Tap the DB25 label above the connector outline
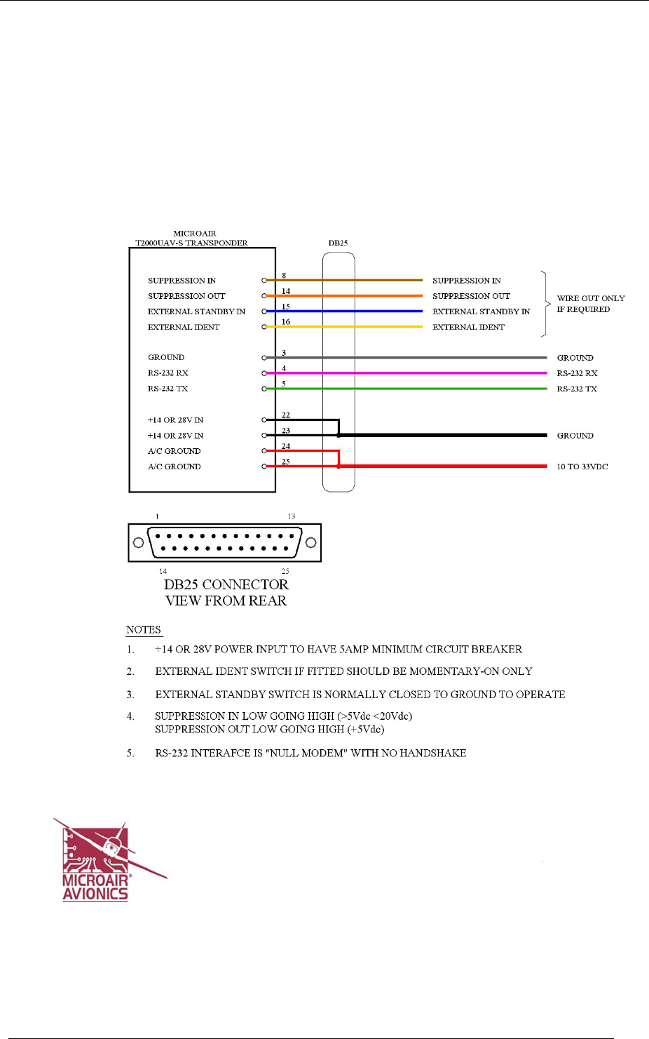[338, 243]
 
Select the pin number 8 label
[284, 276]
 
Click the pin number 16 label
[286, 322]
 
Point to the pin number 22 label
[286, 415]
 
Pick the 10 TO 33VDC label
[582, 467]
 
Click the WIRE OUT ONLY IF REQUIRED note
[590, 304]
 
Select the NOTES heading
[144, 630]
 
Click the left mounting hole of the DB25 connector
[138, 542]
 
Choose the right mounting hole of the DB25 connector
[310, 542]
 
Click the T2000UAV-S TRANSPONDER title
[191, 243]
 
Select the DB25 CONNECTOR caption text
[226, 585]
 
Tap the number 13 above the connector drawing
[292, 516]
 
